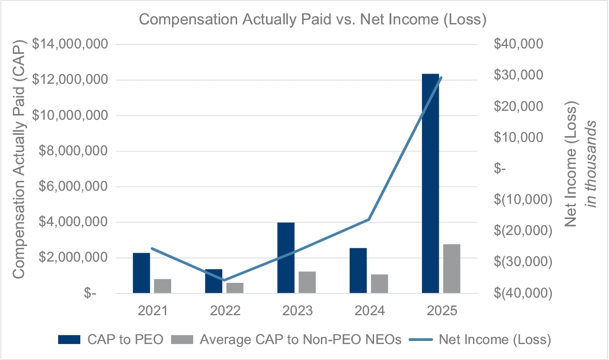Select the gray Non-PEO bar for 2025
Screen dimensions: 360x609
[x=452, y=269]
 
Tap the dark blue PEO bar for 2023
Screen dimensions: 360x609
[x=286, y=258]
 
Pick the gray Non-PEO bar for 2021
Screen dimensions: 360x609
[x=163, y=286]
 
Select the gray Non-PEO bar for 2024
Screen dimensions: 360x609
[x=379, y=284]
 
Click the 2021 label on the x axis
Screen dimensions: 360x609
[x=152, y=311]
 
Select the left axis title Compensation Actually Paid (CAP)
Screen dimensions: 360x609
[x=19, y=159]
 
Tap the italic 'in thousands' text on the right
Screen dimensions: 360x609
[x=592, y=165]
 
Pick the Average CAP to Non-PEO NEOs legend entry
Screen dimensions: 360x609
[x=290, y=340]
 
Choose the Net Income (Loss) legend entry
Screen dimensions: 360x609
[x=485, y=340]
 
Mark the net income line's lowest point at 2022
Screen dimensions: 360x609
[x=224, y=280]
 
